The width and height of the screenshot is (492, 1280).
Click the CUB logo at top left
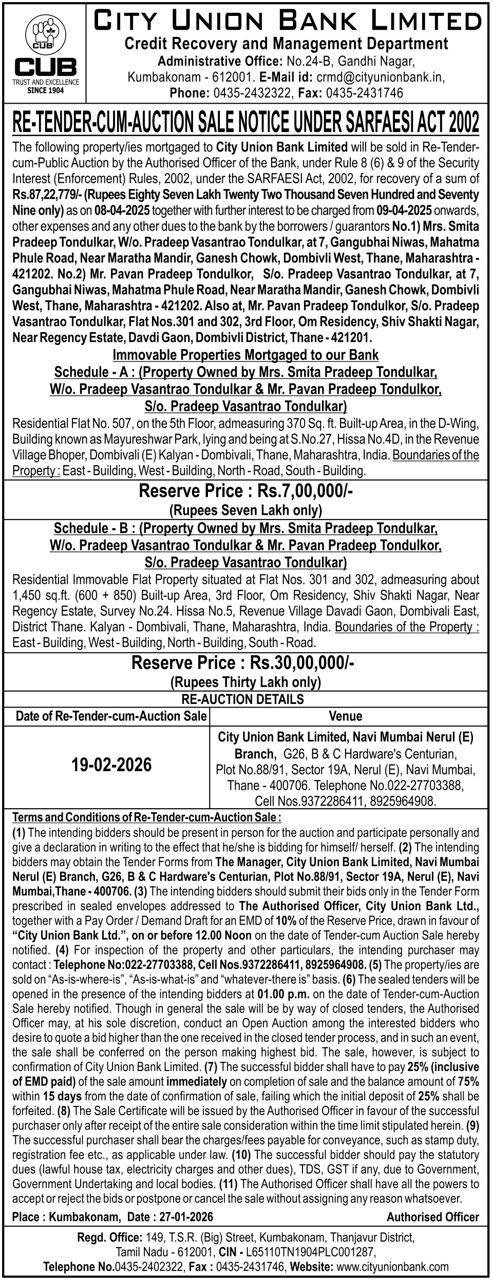[x=46, y=53]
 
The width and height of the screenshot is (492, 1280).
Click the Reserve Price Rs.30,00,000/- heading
[x=243, y=663]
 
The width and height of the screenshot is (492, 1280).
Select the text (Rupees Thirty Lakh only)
[x=245, y=682]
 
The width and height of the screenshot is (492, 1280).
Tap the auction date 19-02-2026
[x=112, y=765]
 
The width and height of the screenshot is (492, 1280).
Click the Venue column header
[x=346, y=716]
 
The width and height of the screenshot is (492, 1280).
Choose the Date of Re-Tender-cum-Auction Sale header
[x=111, y=716]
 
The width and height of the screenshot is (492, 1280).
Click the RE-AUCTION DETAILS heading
[x=243, y=699]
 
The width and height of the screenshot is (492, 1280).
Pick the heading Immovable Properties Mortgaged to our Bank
[x=245, y=355]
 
